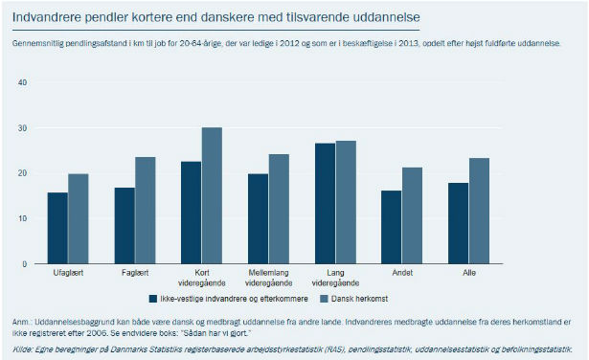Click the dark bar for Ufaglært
point(57,228)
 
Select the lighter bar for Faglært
point(146,211)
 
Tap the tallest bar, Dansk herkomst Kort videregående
point(212,195)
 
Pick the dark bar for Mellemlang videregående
point(258,218)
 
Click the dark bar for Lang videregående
point(326,204)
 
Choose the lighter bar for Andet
point(412,215)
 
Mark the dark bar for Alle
point(459,223)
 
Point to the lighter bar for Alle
point(479,211)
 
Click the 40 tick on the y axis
point(23,82)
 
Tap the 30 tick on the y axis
point(23,128)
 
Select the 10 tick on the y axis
point(23,218)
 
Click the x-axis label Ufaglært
point(68,273)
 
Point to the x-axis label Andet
point(402,273)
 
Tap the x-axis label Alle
point(469,273)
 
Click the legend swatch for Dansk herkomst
point(324,299)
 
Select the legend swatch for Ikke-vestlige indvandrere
point(153,299)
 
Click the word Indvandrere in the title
point(47,17)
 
